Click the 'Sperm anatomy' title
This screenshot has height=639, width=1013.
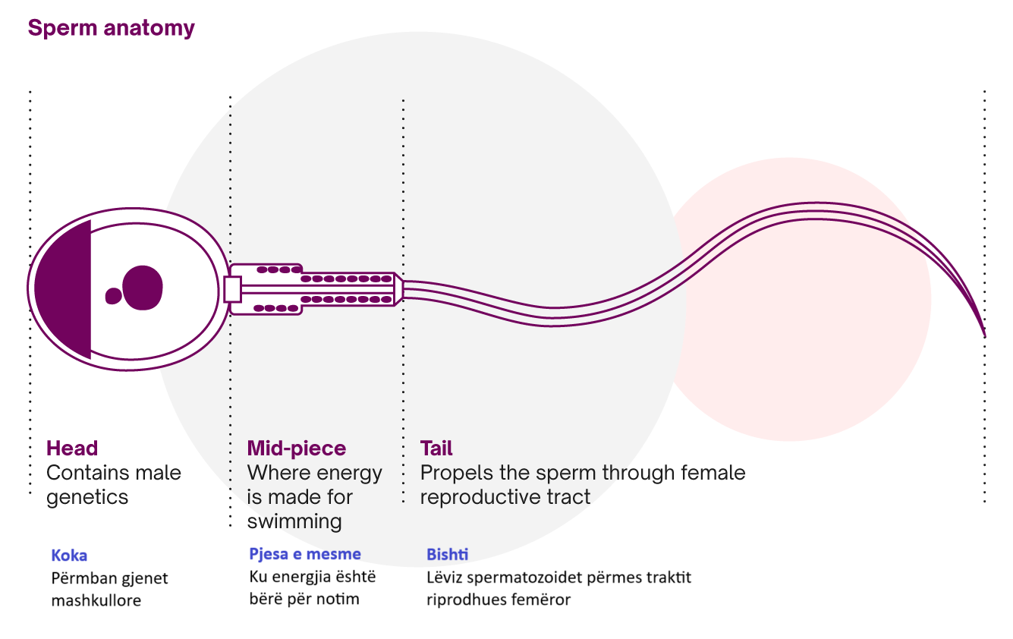point(111,29)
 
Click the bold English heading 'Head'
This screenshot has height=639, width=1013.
point(72,449)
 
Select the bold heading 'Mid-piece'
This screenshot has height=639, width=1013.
point(296,449)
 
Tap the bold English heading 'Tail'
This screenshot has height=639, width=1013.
point(436,449)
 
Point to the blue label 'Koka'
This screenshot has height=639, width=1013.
point(69,556)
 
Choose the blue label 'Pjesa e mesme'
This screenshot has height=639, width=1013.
point(305,554)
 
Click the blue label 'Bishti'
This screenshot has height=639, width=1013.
point(447,554)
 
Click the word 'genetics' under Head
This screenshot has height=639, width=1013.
point(87,498)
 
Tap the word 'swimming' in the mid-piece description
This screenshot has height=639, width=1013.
point(294,522)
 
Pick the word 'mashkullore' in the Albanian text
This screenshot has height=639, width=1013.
point(96,601)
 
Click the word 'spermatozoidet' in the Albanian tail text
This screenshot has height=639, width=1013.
point(517,578)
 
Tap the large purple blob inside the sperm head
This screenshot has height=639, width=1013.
point(143,288)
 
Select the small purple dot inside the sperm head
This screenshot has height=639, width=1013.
point(113,296)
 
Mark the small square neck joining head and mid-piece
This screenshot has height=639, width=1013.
point(233,289)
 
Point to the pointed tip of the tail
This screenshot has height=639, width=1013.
point(984,334)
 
